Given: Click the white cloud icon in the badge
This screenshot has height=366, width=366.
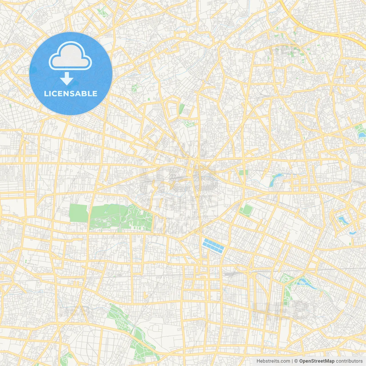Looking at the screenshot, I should (x=70, y=56).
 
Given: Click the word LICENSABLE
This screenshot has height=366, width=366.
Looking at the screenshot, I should (x=70, y=94).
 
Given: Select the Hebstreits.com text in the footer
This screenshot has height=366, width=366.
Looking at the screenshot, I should (x=273, y=361).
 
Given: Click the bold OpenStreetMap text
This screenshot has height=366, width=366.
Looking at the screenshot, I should (x=317, y=361).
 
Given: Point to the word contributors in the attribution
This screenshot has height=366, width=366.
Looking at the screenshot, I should (x=349, y=361).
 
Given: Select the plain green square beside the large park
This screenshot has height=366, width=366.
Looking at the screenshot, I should (x=78, y=213).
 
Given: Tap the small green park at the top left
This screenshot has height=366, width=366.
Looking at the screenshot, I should (x=101, y=12).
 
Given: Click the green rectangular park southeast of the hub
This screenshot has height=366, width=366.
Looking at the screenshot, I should (x=246, y=210).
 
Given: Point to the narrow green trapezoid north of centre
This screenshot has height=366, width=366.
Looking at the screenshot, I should (x=181, y=109).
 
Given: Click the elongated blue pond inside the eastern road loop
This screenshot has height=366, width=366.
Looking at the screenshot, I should (x=342, y=220).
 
